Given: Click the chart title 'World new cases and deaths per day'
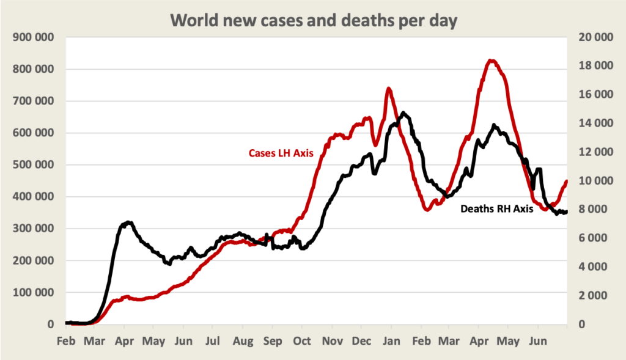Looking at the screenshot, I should [x=313, y=20].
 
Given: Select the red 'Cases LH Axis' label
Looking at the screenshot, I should [x=281, y=153].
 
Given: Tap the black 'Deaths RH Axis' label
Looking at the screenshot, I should [x=496, y=208].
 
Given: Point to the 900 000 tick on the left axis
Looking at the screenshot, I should [x=34, y=37].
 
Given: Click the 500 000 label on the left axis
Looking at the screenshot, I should [x=34, y=165].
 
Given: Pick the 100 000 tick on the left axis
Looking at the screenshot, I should [x=34, y=293].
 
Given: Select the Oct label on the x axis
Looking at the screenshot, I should [x=301, y=340].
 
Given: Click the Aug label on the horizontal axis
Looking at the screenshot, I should [x=243, y=340].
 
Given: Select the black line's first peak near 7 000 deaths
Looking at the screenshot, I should [x=128, y=222].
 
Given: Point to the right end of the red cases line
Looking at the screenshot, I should [x=567, y=181].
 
